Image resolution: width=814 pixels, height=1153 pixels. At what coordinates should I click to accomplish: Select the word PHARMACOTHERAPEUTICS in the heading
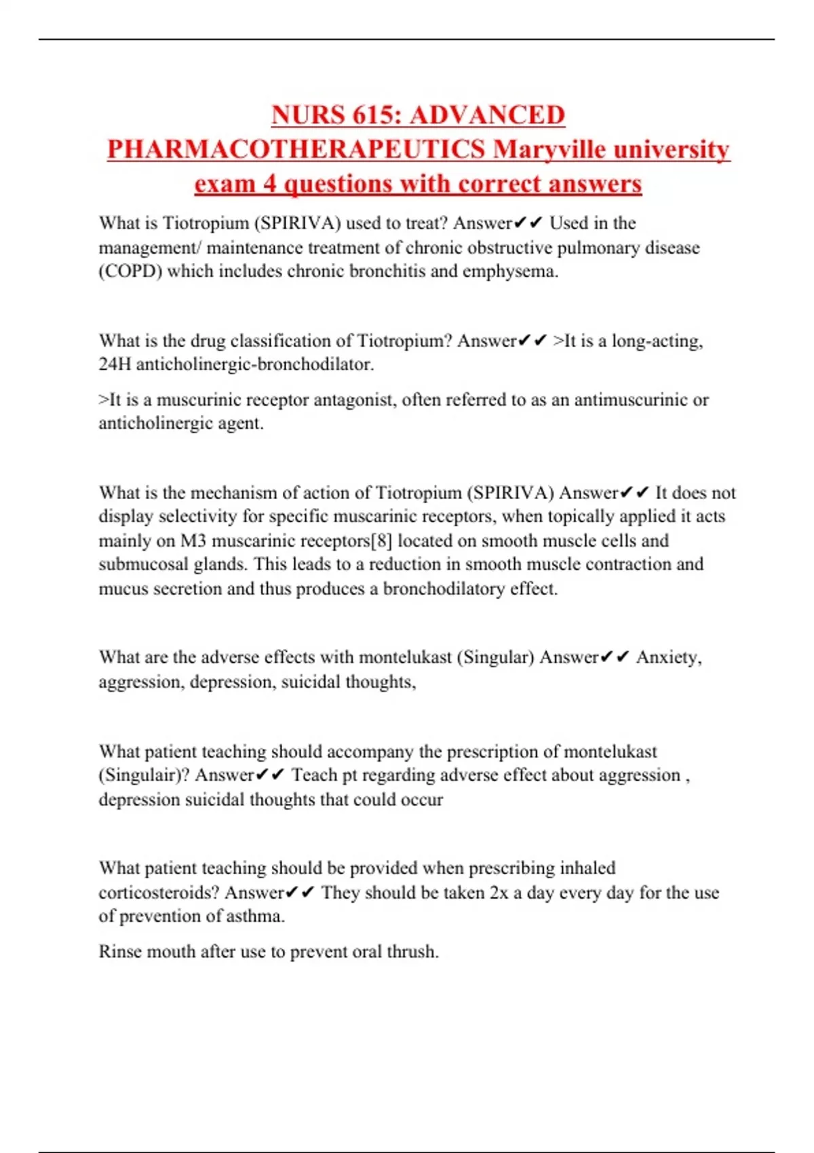point(296,150)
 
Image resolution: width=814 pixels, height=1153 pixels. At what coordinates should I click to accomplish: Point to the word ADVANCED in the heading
point(488,115)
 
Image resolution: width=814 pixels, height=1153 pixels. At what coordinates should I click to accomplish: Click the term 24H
point(115,365)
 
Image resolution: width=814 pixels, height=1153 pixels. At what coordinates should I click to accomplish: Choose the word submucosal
point(138,565)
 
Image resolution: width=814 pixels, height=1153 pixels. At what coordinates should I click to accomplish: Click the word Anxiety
point(669,658)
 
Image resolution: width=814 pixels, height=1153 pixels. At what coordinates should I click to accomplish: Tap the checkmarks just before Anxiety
point(615,658)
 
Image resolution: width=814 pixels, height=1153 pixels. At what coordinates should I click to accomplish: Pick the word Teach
point(313,775)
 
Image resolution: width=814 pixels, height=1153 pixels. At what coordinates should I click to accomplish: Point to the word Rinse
point(120,952)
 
